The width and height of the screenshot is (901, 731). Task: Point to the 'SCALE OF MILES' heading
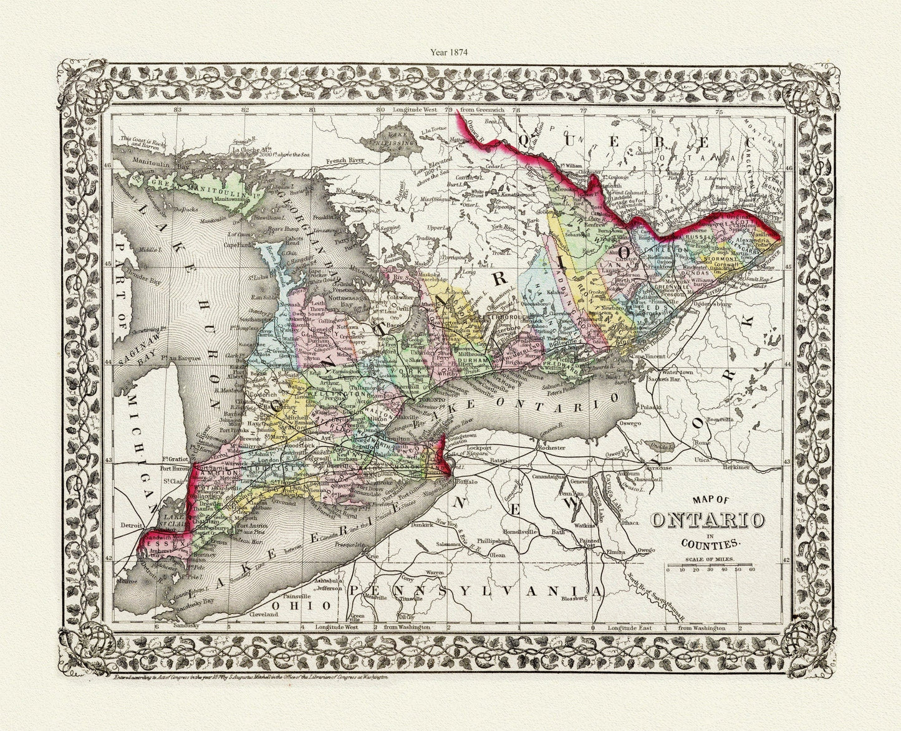pos(710,560)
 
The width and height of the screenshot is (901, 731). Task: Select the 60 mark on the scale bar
pos(752,570)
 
